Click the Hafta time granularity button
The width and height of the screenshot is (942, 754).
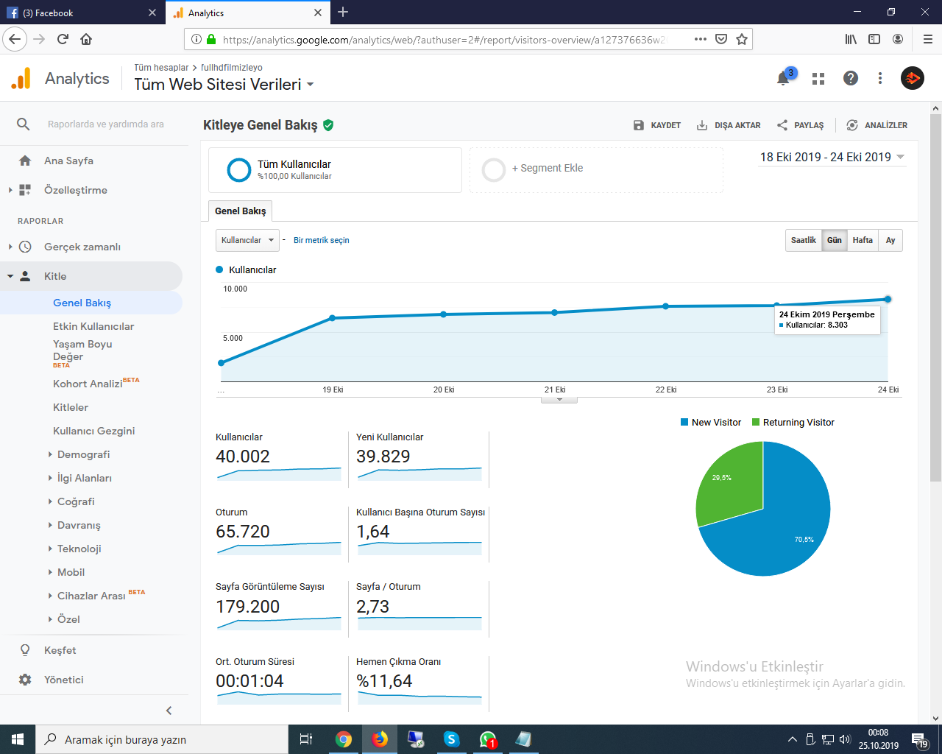[863, 240]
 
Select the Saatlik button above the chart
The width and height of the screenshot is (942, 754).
[803, 240]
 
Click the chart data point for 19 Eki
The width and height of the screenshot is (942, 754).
[332, 317]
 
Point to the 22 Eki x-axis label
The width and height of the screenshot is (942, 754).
[665, 390]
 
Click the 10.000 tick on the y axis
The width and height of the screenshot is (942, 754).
[235, 289]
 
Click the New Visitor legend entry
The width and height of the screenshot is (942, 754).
[711, 423]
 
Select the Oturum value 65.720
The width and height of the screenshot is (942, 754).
[243, 532]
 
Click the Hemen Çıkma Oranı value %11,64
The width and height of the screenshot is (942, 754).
[384, 681]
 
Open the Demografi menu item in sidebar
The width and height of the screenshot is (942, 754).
[83, 454]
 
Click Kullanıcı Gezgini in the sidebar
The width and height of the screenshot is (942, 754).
[93, 431]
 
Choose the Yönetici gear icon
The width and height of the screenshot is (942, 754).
[25, 680]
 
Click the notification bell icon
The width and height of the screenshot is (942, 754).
[783, 79]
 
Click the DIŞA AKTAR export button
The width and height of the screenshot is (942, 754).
[729, 125]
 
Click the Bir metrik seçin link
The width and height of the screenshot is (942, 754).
[322, 240]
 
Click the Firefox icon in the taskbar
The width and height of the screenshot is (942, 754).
[380, 739]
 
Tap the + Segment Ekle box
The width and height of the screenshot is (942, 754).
[596, 169]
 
